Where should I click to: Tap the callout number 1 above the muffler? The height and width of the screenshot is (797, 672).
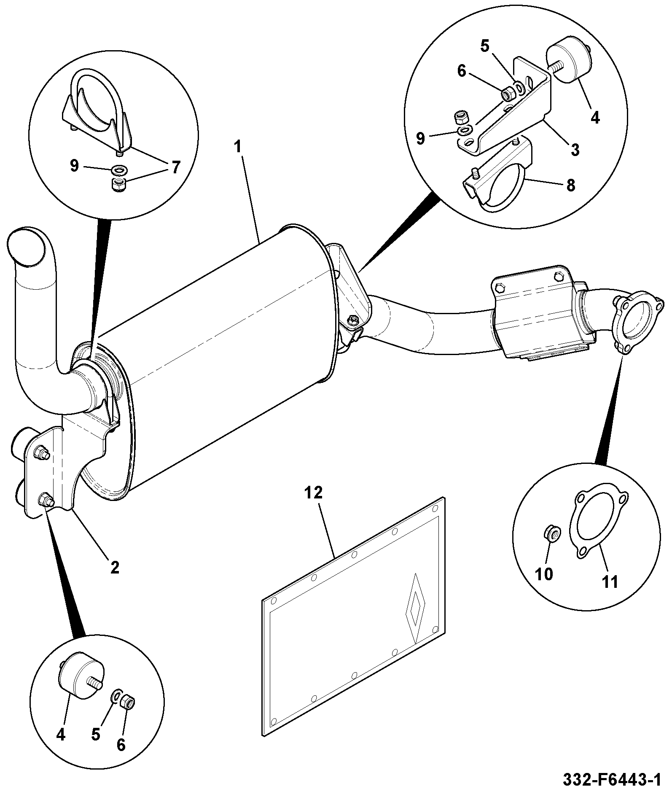click(238, 147)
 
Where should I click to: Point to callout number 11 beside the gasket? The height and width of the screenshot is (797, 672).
click(610, 582)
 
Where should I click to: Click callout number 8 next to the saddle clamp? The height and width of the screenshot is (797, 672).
click(571, 185)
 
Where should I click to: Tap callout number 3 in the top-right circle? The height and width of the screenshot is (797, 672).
click(575, 149)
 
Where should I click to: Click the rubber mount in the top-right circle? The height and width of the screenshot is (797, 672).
click(569, 61)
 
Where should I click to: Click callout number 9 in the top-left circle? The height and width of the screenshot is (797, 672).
click(74, 166)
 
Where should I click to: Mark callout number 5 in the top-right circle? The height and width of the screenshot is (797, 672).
click(484, 46)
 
